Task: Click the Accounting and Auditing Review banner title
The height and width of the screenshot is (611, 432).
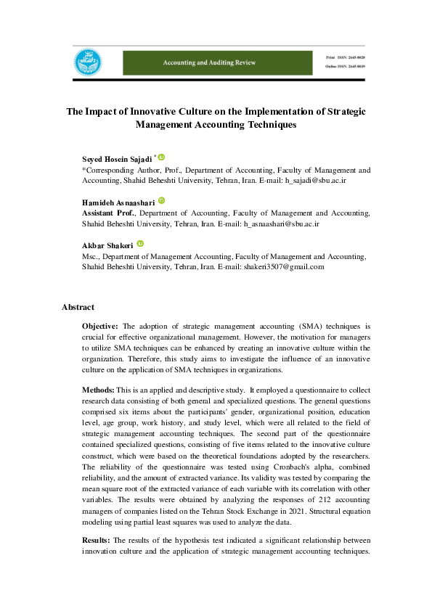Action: pyautogui.click(x=209, y=63)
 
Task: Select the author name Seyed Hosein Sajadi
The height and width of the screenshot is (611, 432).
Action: pyautogui.click(x=116, y=158)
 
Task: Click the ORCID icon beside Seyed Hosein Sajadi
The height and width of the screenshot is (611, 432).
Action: pyautogui.click(x=161, y=157)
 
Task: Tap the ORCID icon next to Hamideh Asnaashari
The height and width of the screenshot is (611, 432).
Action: pyautogui.click(x=161, y=200)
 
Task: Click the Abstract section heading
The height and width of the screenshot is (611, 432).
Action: pyautogui.click(x=78, y=307)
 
